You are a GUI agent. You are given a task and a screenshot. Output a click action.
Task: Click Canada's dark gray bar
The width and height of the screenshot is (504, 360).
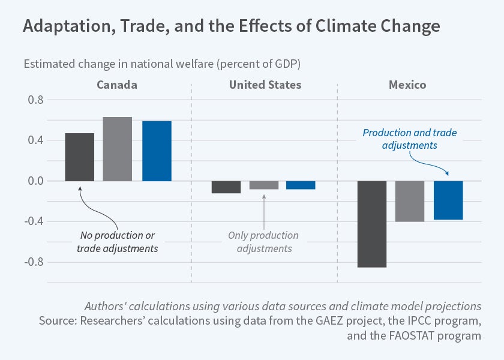coord(79,157)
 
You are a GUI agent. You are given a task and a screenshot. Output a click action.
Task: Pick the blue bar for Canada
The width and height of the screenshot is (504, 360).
coord(157,151)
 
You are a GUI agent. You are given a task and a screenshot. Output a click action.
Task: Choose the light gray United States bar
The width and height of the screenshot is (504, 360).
coord(264,185)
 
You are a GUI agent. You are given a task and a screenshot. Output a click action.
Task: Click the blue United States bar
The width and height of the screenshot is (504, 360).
coord(301,185)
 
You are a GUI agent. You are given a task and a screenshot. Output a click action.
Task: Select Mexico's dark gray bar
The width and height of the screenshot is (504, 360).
coord(372,224)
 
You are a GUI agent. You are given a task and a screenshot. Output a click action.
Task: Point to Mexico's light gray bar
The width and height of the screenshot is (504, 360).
coord(410,202)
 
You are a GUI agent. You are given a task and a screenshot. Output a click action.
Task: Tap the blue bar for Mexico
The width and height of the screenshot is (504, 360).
coord(448,200)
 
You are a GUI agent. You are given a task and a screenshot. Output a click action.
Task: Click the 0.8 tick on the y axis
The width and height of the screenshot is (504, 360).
coord(36,100)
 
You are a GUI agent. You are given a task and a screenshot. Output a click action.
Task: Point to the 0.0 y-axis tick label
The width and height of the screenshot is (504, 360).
coord(36,181)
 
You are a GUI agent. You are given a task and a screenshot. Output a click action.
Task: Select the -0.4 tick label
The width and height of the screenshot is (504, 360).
coord(34,222)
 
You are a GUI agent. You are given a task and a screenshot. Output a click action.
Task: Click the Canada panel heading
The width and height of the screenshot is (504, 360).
coord(117,85)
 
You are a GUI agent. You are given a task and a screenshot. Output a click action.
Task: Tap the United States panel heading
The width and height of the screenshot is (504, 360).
coord(265,85)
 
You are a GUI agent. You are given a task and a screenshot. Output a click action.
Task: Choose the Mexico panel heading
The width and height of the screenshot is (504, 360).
coord(407,85)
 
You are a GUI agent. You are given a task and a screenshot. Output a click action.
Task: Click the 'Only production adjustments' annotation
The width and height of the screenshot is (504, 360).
coord(263,242)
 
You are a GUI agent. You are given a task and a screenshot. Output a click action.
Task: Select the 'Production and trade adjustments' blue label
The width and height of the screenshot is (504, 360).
coord(413,139)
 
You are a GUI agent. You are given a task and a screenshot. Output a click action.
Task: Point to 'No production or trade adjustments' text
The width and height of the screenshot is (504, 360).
coord(117,242)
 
